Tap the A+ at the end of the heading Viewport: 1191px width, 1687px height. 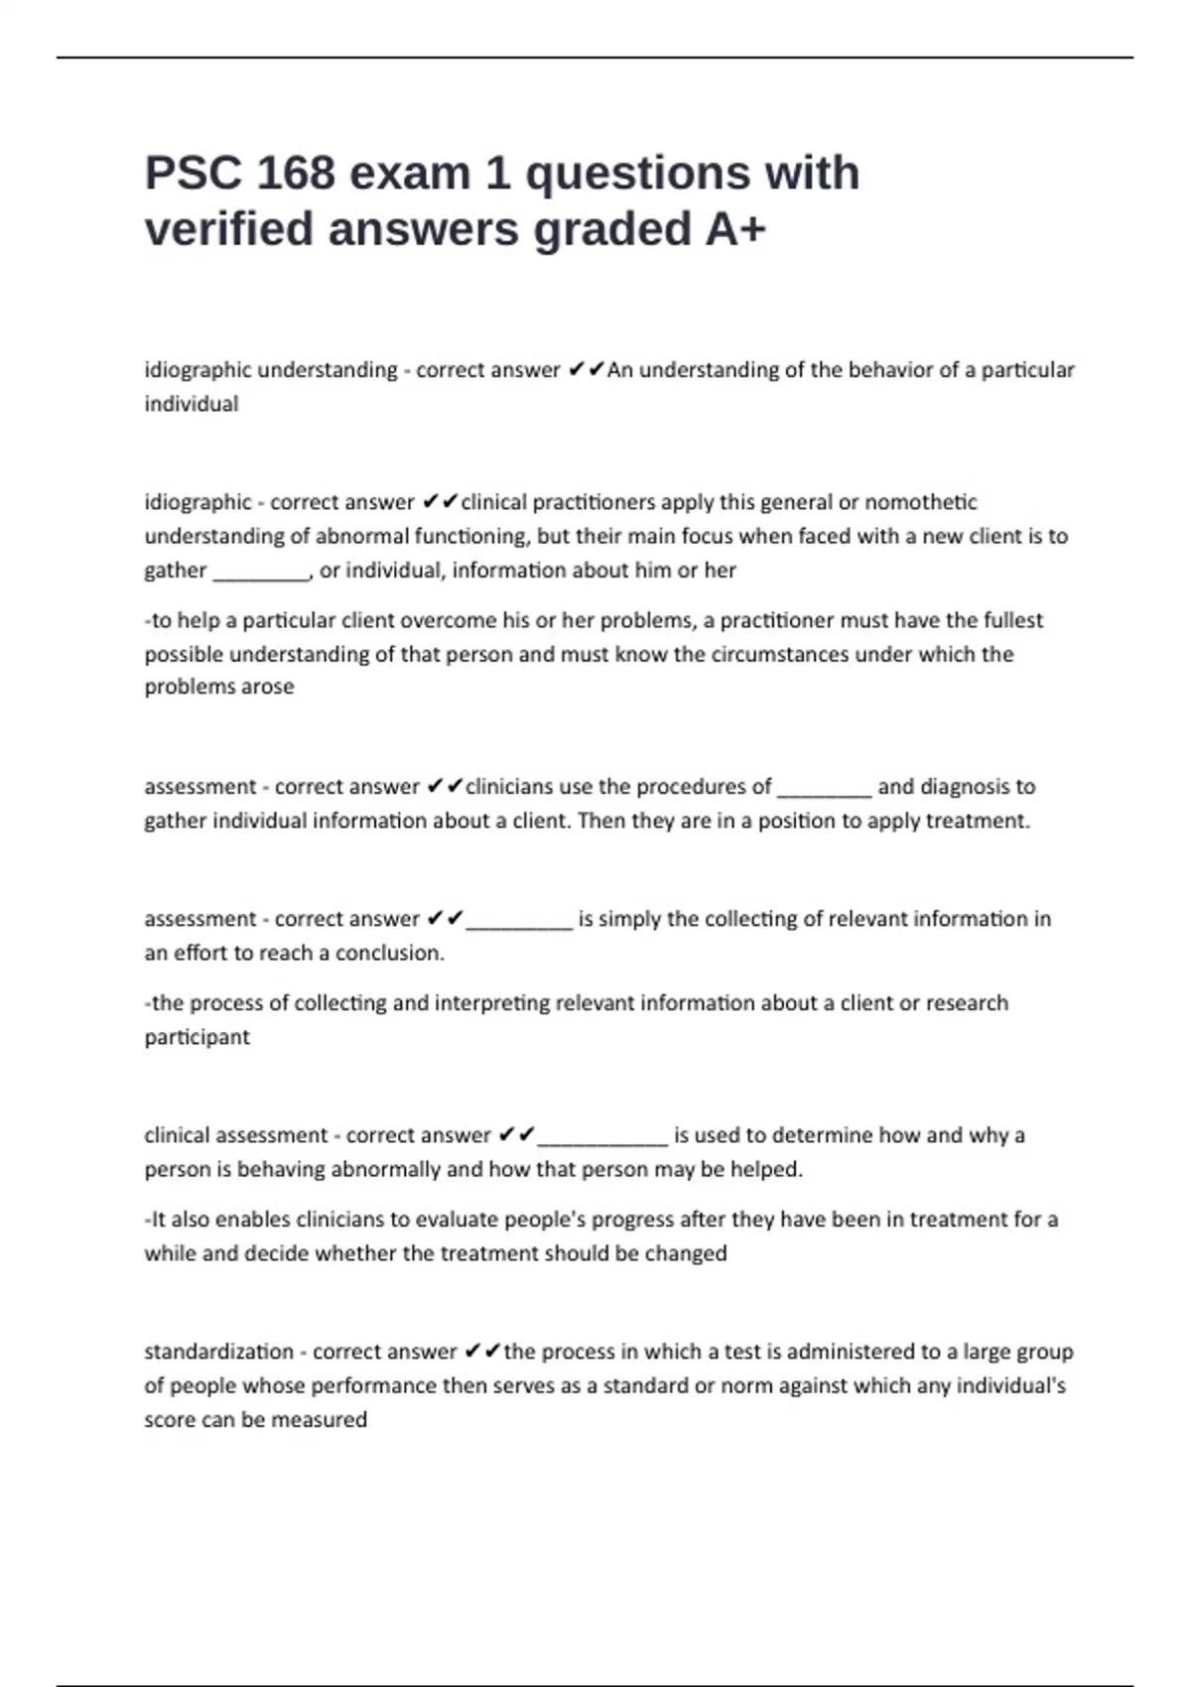[735, 229]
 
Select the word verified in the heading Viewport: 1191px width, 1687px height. [229, 229]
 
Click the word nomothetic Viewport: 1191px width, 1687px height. [921, 502]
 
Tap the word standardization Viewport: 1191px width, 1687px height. [218, 1352]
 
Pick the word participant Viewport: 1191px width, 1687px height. [197, 1037]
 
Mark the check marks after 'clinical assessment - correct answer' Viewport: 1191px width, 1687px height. [516, 1134]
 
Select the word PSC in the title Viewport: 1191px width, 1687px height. [194, 173]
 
